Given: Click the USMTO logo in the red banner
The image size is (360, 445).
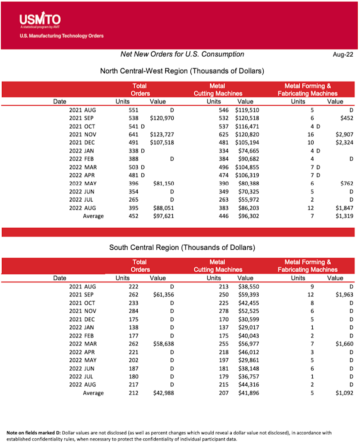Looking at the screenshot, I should click(x=40, y=20).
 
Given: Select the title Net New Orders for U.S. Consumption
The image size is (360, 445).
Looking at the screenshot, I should click(x=182, y=54).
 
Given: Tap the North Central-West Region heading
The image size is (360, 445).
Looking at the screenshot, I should click(x=182, y=71).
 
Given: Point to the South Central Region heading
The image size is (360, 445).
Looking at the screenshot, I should click(x=182, y=247).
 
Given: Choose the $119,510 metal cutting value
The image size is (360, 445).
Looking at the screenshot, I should click(x=247, y=110).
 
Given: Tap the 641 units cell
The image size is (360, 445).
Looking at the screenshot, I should click(x=134, y=135).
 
